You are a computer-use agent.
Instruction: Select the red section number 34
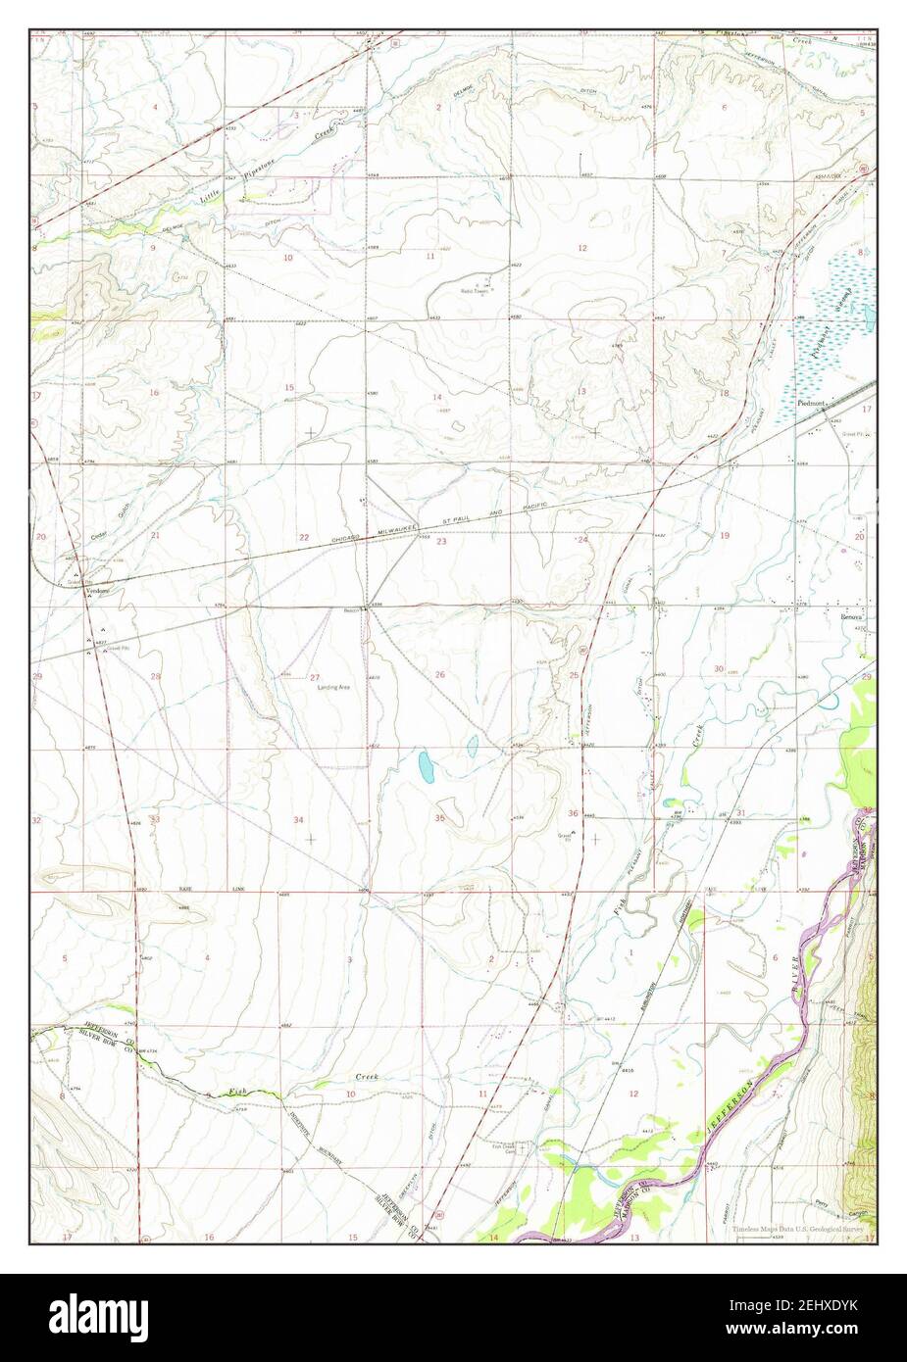[x=298, y=819]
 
